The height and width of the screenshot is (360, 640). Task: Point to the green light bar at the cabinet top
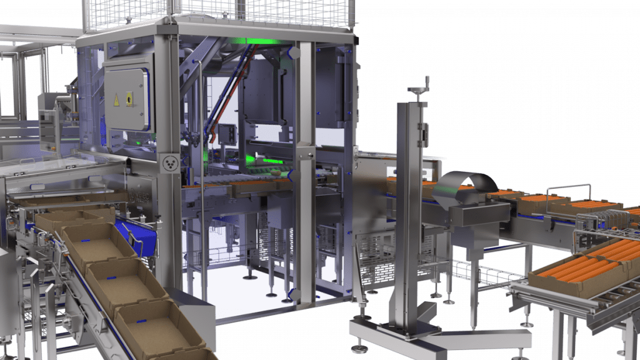pyautogui.click(x=256, y=43)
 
